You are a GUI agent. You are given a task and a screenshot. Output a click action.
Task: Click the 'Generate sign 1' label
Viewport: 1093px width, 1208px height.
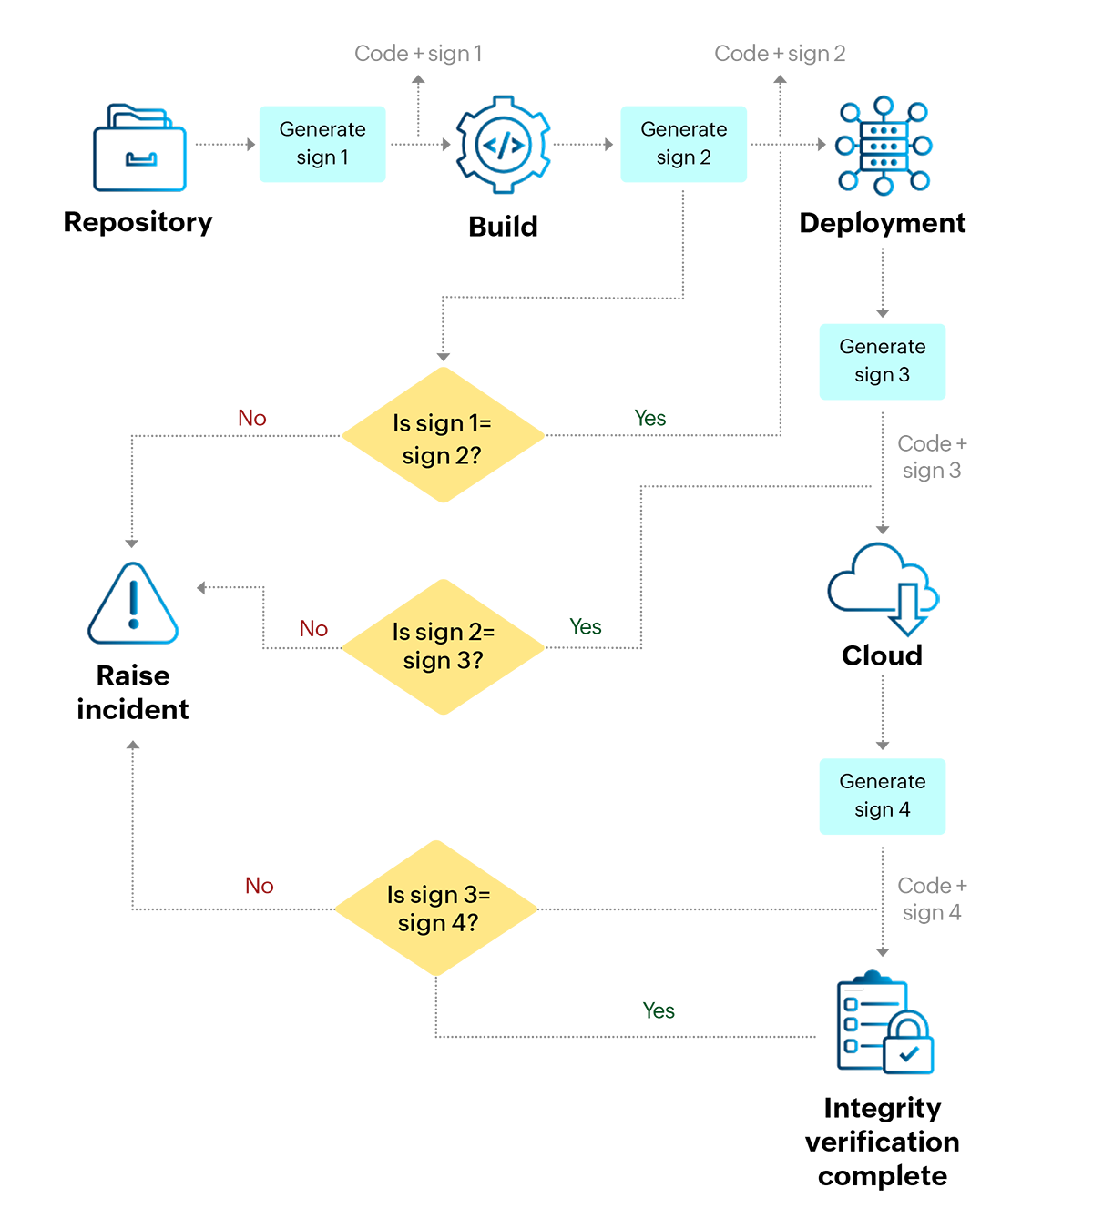(x=322, y=143)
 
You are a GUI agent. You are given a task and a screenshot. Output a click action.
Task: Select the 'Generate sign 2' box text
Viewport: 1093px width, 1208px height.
(x=683, y=143)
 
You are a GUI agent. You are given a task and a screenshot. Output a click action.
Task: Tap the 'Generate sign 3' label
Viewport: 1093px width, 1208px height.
(x=882, y=360)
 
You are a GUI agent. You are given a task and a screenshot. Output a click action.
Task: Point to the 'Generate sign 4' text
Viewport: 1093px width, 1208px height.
(x=882, y=796)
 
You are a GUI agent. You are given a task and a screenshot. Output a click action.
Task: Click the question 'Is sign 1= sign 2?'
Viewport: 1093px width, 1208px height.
(x=442, y=439)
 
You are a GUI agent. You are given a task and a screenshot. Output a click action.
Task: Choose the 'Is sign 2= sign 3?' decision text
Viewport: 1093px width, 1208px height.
(x=443, y=646)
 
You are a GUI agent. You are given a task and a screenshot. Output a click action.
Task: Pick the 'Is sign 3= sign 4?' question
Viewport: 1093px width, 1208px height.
(x=438, y=909)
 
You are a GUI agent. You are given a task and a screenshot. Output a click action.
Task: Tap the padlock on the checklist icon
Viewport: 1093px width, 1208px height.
(x=905, y=1040)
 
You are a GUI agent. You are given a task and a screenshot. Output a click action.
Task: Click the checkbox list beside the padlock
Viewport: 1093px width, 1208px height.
(x=854, y=1024)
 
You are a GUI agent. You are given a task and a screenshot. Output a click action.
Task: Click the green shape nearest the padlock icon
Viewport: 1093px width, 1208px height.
(x=655, y=991)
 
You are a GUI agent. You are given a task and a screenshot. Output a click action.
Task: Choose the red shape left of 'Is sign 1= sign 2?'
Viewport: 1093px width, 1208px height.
(x=249, y=364)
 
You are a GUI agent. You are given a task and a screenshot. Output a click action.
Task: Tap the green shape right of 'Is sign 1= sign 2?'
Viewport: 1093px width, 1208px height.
(x=647, y=391)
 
